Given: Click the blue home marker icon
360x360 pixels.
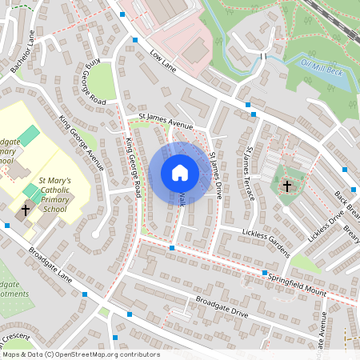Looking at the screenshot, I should [x=180, y=173].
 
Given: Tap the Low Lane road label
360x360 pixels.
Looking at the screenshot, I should [x=163, y=58].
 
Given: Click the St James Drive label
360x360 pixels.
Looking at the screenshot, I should [x=215, y=175].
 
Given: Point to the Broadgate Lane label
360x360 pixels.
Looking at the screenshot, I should [x=50, y=267].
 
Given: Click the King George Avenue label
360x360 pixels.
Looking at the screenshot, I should [x=81, y=143].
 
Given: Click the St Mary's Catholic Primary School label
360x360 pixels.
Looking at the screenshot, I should [x=55, y=195].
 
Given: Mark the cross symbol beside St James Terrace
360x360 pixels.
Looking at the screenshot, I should [x=286, y=186].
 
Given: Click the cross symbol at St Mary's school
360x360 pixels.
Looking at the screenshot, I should [x=25, y=211].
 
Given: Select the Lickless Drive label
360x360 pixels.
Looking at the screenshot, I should [x=325, y=225].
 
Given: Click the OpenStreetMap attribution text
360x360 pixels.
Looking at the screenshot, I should [x=80, y=354].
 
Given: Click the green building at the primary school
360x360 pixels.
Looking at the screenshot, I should [x=30, y=135].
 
